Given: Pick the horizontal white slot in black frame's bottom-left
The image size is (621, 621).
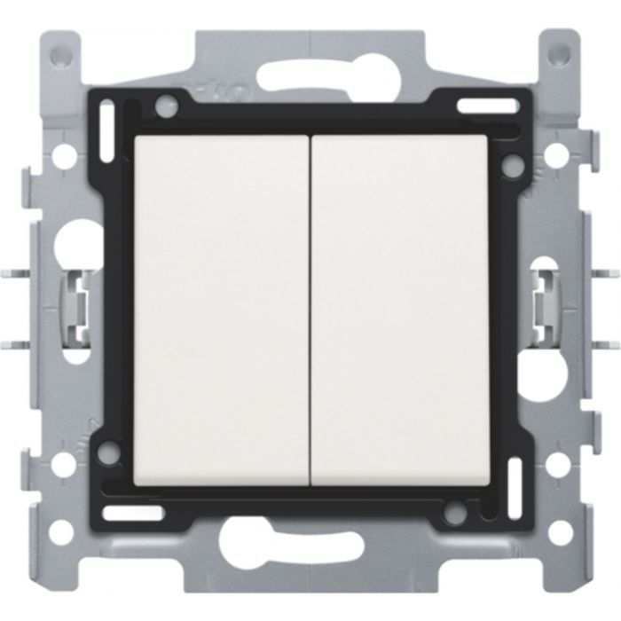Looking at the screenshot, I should click(x=132, y=512).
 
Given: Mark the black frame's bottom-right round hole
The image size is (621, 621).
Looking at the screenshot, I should click(x=458, y=513).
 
